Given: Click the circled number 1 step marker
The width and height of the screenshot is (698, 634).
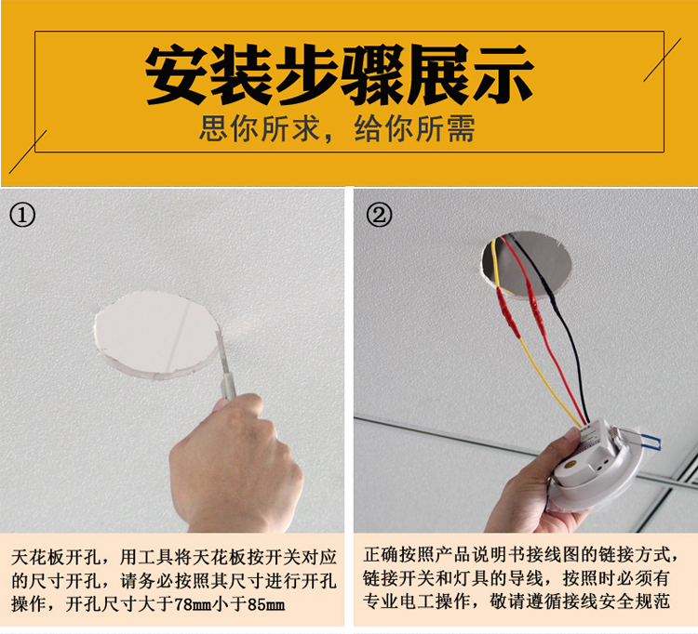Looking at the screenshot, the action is (x=21, y=216).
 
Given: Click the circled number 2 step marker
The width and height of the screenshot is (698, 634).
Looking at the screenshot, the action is (x=379, y=215).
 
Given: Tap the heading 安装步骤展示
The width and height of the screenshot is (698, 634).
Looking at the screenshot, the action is (x=339, y=73).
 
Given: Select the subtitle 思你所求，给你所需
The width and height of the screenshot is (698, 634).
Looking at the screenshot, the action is (x=337, y=129).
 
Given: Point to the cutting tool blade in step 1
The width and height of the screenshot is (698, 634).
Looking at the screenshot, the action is (x=221, y=351).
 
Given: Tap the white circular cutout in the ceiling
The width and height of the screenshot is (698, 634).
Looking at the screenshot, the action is (x=156, y=335).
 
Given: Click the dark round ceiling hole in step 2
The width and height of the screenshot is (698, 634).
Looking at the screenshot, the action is (x=526, y=266).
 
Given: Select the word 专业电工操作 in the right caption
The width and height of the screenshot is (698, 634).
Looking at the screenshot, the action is (x=416, y=601).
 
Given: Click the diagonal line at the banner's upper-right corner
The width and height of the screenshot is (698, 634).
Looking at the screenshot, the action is (x=663, y=59).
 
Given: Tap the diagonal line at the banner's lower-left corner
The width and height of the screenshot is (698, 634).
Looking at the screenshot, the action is (x=28, y=152).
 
